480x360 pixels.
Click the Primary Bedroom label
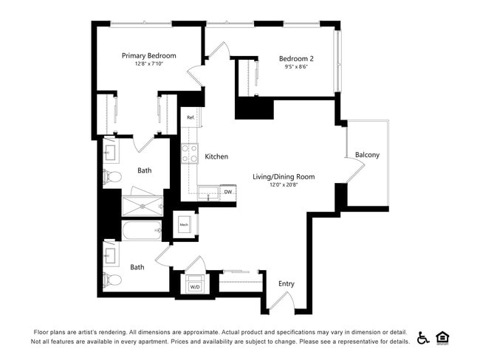pos(148,55)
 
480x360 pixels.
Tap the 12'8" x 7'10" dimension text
pos(148,64)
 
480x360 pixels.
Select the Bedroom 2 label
pos(296,59)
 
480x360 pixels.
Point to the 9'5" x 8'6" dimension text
pos(296,67)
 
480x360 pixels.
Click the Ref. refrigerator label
pos(191,117)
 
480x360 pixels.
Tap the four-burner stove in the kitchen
pos(191,153)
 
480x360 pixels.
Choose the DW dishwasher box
pos(227,192)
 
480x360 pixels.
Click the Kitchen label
pos(216,156)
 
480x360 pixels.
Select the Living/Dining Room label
pos(284,176)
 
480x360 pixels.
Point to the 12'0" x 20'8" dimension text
pos(284,185)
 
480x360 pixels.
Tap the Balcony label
pos(367,155)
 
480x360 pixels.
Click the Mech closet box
pos(184,225)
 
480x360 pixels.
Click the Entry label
pos(286,283)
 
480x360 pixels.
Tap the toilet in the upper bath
pos(112,177)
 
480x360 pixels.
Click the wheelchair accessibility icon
pos(423,337)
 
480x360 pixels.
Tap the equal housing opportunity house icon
pos(443,337)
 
